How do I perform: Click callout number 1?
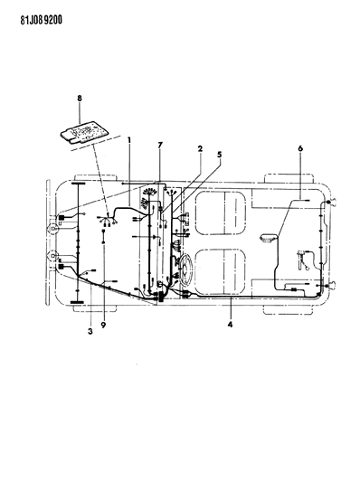click(129, 140)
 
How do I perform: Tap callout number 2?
click(200, 149)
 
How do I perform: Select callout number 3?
click(90, 331)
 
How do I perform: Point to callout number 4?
click(230, 324)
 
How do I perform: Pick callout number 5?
click(220, 155)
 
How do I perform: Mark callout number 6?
click(300, 148)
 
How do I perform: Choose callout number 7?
click(160, 145)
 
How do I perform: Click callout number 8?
click(80, 99)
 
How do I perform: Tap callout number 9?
click(103, 325)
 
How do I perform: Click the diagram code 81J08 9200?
click(42, 20)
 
